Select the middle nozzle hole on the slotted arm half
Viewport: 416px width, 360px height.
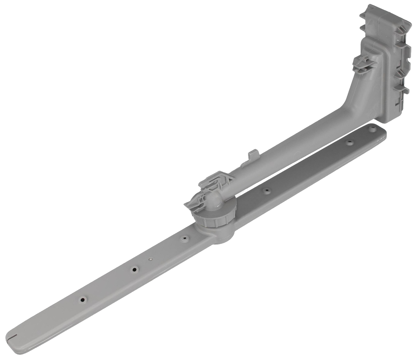134,269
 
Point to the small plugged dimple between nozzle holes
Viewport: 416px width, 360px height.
150,259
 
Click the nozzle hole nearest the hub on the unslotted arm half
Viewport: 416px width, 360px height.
266,191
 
